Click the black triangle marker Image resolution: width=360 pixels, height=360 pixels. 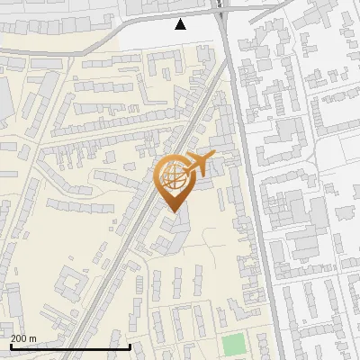pos(181,24)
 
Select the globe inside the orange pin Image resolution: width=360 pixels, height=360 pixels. pos(173,177)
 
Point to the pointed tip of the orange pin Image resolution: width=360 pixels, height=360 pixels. pos(173,211)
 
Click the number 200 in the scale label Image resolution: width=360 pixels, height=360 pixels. pos(20,339)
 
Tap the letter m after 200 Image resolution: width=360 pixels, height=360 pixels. pos(33,339)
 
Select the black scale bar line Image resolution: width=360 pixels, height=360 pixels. pos(70,346)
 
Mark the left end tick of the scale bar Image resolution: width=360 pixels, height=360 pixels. pos(11,345)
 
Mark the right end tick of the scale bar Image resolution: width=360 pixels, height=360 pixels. pos(130,345)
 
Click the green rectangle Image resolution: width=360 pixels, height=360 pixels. pos(233,345)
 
